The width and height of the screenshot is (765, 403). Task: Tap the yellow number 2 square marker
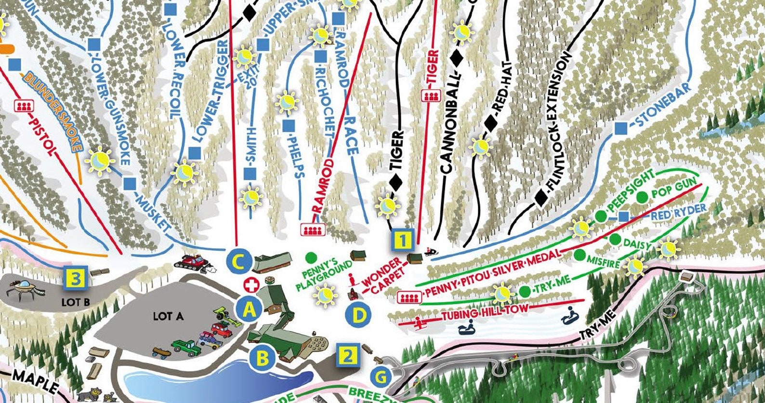pos(347,356)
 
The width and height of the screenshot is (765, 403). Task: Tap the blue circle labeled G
pos(381,377)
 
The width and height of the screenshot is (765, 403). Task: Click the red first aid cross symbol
pos(251,285)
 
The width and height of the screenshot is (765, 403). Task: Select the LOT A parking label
pos(169,316)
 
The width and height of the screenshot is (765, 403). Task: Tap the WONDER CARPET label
pos(384,276)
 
